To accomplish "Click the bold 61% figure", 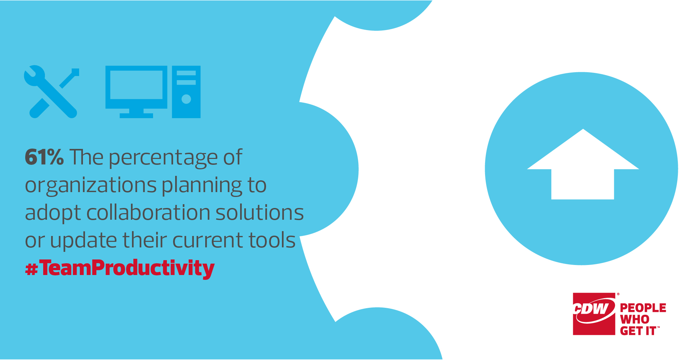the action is click(44, 158).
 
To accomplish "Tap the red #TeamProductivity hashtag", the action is click(120, 268).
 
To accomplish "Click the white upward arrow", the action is click(583, 164).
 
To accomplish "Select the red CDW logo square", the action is click(594, 314).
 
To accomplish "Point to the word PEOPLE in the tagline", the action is click(643, 308).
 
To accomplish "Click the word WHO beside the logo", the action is click(635, 320).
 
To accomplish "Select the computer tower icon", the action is click(186, 92).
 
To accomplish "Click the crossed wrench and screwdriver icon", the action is click(51, 92).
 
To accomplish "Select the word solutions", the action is click(260, 212).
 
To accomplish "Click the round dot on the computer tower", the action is click(186, 99).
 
